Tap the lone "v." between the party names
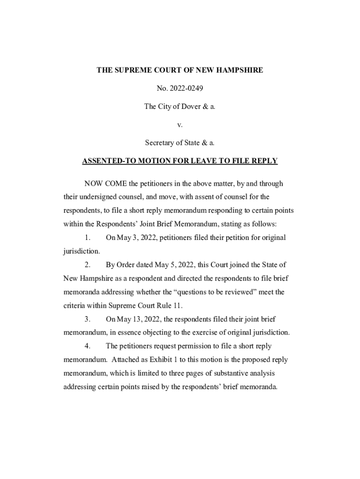(x=180, y=124)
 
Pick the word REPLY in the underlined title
(x=265, y=161)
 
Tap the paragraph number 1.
(x=87, y=238)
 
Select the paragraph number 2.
(x=87, y=265)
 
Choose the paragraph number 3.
(x=87, y=319)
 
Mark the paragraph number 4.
(x=87, y=346)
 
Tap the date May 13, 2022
(x=138, y=319)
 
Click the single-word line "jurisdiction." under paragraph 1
(x=82, y=251)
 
